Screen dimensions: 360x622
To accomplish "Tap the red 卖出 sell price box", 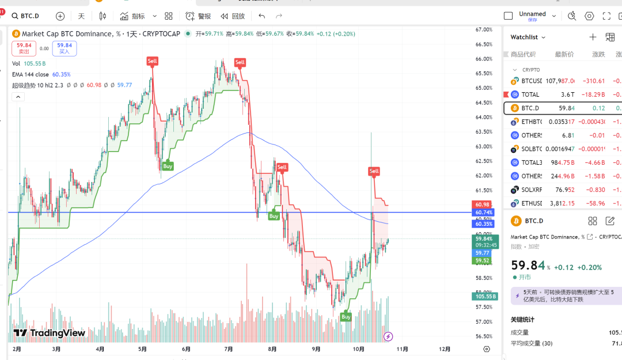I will (24, 48).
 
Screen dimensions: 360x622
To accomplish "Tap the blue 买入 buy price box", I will (64, 48).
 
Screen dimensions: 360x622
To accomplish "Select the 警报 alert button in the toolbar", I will (198, 16).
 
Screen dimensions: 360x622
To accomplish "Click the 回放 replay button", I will (233, 16).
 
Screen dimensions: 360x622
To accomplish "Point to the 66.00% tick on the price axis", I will (483, 59).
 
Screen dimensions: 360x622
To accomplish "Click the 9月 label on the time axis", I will (316, 349).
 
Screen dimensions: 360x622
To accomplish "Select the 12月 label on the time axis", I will (445, 349).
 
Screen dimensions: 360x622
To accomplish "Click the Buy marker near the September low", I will (346, 317).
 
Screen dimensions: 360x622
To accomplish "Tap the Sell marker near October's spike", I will (374, 171).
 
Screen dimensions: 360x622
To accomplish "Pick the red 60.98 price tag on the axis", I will (483, 204).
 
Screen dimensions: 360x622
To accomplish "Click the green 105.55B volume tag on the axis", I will (484, 297).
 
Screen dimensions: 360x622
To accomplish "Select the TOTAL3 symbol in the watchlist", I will (531, 162).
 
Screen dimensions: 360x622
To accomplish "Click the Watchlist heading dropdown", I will (528, 37).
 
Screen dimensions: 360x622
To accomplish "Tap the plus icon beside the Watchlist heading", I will (593, 37).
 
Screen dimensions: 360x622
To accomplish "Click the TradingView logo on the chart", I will (50, 333).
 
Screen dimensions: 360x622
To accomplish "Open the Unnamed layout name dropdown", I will (537, 16).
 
